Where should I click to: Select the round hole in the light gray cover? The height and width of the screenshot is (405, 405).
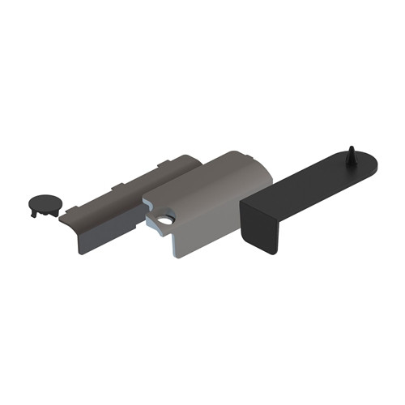tap(166, 220)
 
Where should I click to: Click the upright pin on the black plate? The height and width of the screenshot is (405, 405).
tap(351, 157)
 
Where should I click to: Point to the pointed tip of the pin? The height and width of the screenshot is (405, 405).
tap(350, 148)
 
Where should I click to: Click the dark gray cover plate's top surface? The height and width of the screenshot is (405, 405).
tap(130, 194)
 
